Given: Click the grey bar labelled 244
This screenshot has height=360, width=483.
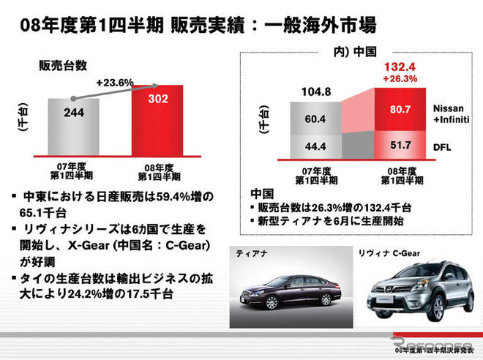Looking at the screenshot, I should pos(73,124).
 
